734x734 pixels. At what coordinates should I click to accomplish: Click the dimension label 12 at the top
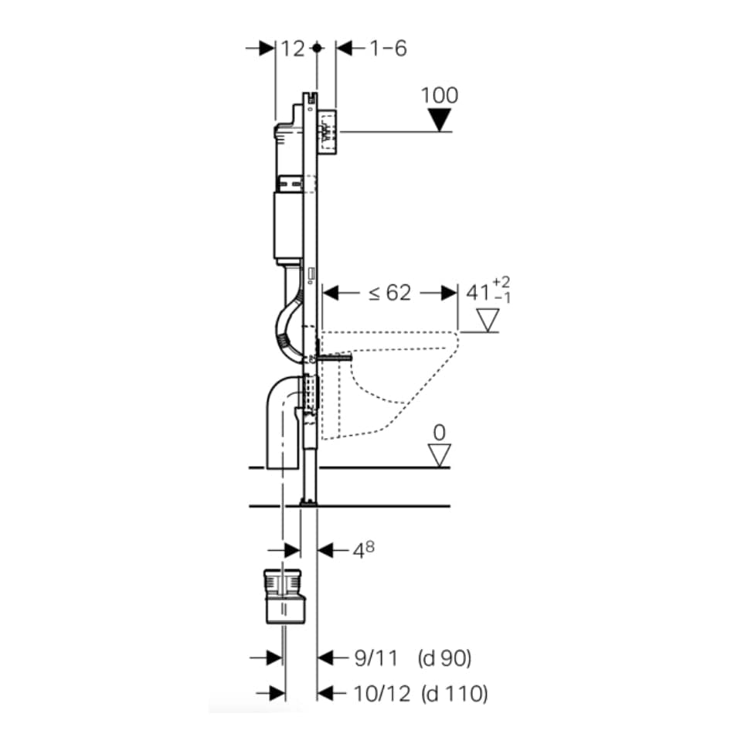[293, 49]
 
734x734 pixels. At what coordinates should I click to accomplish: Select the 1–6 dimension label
[389, 49]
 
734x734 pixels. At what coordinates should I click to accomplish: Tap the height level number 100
[440, 96]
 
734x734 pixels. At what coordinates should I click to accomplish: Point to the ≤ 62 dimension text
[389, 293]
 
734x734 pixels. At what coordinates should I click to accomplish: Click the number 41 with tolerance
[478, 293]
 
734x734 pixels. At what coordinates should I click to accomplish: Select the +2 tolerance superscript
[501, 282]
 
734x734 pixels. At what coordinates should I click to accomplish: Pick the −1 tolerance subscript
[501, 297]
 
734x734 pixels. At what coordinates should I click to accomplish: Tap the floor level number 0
[440, 433]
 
